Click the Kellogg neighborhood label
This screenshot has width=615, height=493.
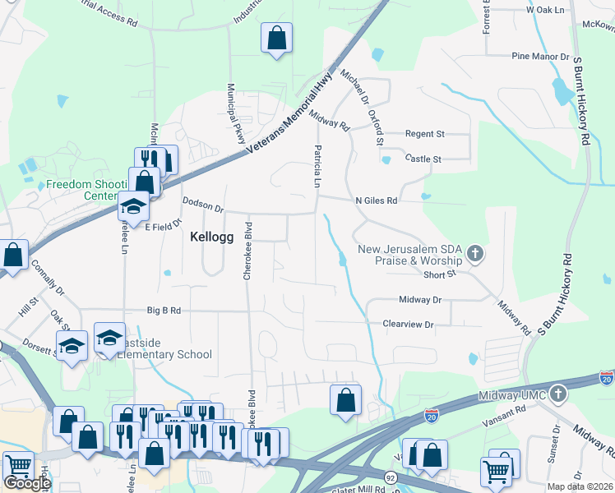[x=212, y=237]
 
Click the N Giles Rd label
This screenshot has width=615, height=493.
[x=376, y=200]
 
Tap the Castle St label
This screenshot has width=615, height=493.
[x=423, y=159]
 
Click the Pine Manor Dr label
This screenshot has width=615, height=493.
[x=540, y=57]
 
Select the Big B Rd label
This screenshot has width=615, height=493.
[x=164, y=311]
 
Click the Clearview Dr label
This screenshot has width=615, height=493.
[x=408, y=325]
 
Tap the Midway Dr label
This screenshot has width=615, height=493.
[x=420, y=300]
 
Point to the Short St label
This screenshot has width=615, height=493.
[x=440, y=275]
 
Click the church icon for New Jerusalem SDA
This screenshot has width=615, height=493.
[x=474, y=254]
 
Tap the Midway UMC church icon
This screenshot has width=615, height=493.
[x=559, y=393]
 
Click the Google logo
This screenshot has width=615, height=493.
[x=27, y=483]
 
